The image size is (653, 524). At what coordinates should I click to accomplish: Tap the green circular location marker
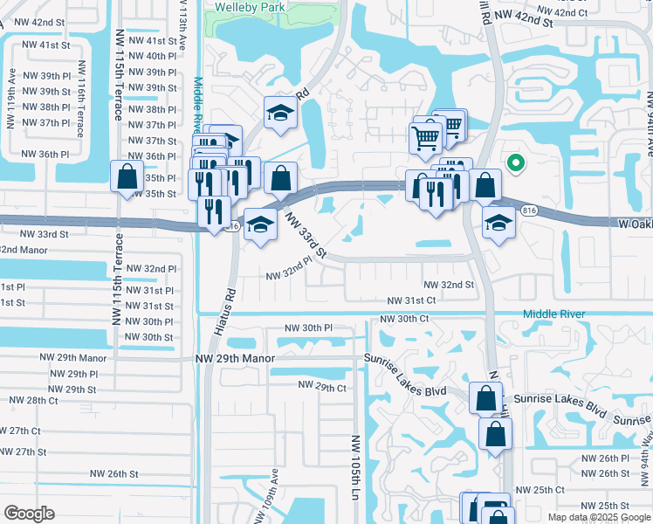tap(515, 162)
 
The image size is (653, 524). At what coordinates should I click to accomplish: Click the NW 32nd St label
tap(449, 286)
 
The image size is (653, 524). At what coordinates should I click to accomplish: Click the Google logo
tap(29, 514)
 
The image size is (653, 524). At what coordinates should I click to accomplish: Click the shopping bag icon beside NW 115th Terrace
tap(127, 177)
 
